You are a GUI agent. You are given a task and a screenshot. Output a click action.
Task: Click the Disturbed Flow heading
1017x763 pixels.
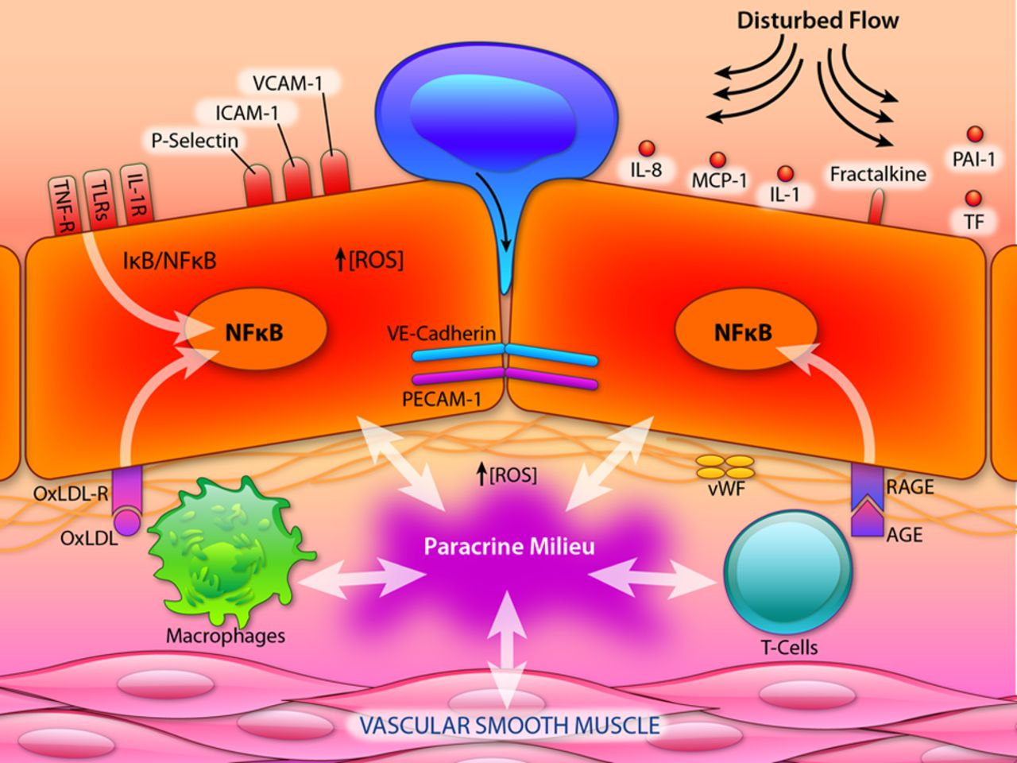[818, 21]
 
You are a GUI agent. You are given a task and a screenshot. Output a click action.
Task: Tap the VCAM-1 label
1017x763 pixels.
[288, 83]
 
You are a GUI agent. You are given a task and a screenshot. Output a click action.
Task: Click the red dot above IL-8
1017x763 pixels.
[646, 149]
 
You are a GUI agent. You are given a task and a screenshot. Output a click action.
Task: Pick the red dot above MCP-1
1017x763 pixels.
[717, 159]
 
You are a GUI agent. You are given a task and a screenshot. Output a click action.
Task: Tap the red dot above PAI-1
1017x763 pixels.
[973, 135]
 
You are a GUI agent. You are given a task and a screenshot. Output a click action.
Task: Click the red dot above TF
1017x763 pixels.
[973, 198]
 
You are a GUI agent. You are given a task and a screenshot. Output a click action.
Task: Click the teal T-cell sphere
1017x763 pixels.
[787, 573]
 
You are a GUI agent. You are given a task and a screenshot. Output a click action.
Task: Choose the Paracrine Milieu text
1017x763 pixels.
[508, 547]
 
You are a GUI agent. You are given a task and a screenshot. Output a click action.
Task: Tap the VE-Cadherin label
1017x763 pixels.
[454, 334]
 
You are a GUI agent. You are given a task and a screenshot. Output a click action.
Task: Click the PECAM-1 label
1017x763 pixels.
[442, 399]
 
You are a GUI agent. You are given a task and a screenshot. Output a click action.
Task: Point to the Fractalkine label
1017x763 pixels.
[878, 173]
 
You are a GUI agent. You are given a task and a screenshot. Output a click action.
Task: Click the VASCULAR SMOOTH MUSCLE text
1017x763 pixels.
[508, 726]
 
